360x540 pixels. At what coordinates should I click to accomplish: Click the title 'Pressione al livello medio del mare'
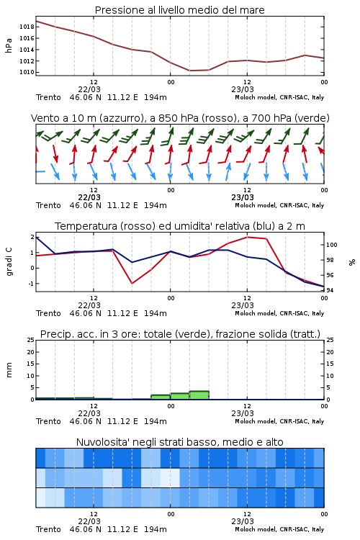(179, 10)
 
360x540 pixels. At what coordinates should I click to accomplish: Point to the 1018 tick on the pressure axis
(27, 27)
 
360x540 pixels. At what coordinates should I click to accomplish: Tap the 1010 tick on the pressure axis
(27, 72)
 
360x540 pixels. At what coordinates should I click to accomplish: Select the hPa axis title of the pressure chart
(9, 45)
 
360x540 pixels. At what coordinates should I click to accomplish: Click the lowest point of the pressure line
(190, 71)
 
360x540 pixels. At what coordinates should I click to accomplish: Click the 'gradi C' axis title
(9, 262)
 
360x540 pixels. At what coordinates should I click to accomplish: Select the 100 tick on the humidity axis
(332, 245)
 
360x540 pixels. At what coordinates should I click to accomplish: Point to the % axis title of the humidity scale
(352, 262)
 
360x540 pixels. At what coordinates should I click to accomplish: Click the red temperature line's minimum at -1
(132, 284)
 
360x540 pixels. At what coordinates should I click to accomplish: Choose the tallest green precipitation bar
(199, 395)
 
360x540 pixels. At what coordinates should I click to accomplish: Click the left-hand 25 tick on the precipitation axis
(30, 341)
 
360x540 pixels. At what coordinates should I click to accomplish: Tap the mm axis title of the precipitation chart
(9, 370)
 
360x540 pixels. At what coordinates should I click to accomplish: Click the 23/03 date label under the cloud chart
(243, 521)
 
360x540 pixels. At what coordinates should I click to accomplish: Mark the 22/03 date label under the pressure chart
(89, 89)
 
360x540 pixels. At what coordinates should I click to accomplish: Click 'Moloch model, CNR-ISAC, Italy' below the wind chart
(279, 205)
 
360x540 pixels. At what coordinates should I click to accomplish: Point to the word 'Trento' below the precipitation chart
(48, 421)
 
